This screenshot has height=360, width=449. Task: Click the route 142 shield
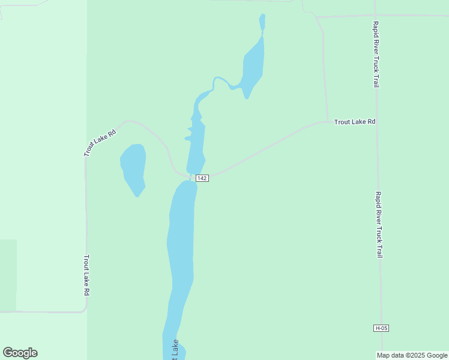(x=202, y=178)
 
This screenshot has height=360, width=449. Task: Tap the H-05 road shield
(x=381, y=328)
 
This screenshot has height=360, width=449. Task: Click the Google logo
(x=20, y=353)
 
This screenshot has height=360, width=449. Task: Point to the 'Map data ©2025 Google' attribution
(x=412, y=355)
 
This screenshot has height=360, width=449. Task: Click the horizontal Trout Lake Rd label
(x=354, y=122)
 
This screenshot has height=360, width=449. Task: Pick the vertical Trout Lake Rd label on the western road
(x=86, y=275)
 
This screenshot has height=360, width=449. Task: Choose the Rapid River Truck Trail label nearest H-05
(x=378, y=224)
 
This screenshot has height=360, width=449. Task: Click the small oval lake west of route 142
(x=133, y=168)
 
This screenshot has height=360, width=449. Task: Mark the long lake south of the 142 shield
(x=181, y=252)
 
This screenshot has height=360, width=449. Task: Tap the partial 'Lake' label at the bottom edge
(x=175, y=349)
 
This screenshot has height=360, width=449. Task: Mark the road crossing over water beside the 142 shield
(x=190, y=177)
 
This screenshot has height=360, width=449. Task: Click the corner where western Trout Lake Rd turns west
(x=86, y=310)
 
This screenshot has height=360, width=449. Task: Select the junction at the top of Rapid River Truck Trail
(x=375, y=16)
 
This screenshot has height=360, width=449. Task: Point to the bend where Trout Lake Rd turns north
(x=327, y=121)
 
